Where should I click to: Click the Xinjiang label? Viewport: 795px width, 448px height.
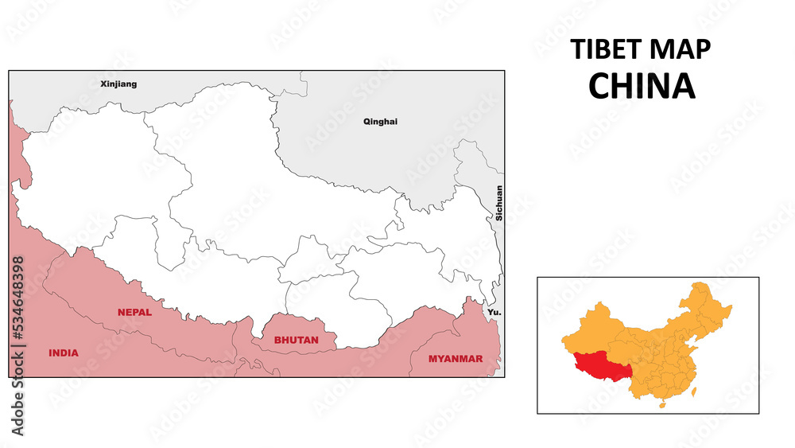tap(118, 84)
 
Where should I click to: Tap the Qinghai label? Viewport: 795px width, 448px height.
tap(380, 122)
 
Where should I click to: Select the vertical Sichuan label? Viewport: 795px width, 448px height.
tap(499, 202)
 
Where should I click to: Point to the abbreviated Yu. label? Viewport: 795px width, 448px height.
tap(494, 313)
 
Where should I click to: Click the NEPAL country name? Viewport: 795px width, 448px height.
tap(134, 313)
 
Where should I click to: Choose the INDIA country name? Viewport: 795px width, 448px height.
tap(64, 353)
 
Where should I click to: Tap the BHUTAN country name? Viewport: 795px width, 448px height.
tap(296, 340)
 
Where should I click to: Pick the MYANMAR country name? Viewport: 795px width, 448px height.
tap(456, 359)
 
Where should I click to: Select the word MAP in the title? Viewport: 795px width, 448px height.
tap(679, 49)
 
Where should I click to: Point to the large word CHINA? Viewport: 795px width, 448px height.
tap(642, 86)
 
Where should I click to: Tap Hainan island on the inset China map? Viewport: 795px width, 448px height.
tap(662, 404)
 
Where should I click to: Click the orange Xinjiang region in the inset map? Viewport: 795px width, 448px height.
tap(592, 333)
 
